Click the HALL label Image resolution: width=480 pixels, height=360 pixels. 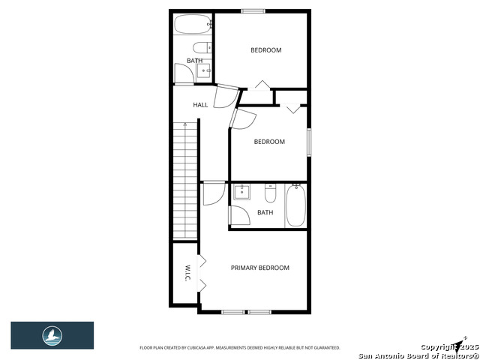click(200, 105)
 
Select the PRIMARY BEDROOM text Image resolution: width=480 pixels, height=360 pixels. click(259, 268)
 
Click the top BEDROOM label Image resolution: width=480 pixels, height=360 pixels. click(265, 50)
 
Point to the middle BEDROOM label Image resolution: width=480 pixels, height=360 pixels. click(269, 142)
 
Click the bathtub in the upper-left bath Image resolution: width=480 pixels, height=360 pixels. click(193, 25)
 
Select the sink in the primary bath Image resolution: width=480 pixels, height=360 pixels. click(242, 193)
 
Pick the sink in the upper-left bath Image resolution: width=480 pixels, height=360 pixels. click(204, 71)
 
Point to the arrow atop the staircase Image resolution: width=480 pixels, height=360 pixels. click(184, 124)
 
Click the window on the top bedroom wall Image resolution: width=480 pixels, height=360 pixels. click(253, 10)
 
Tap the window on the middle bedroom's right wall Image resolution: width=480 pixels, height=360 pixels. click(308, 142)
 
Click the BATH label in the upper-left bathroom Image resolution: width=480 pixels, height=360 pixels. click(194, 61)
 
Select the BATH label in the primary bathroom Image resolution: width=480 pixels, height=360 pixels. click(265, 212)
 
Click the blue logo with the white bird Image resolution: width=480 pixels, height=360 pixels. click(52, 334)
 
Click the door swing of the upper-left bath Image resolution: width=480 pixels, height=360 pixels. click(183, 73)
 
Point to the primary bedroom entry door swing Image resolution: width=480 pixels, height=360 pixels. click(211, 193)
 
